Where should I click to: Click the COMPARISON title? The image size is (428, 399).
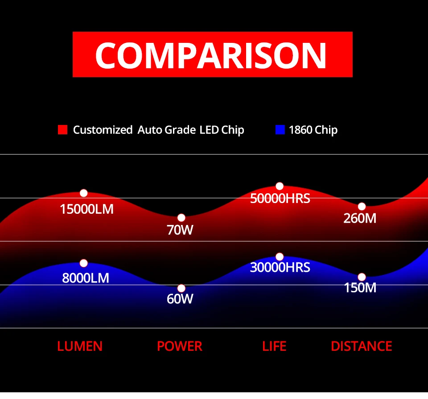click(210, 55)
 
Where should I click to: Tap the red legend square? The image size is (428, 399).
click(62, 129)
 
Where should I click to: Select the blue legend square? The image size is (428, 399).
click(280, 129)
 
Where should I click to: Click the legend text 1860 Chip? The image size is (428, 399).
click(313, 130)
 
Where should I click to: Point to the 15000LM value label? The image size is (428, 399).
click(86, 209)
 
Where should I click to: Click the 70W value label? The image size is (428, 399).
click(180, 230)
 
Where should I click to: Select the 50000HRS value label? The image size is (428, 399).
click(280, 199)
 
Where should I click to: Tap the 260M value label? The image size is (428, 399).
click(360, 218)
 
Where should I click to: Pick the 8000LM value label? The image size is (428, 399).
click(86, 278)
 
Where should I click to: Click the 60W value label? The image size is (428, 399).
click(180, 299)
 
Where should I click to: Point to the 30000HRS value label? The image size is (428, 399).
click(280, 267)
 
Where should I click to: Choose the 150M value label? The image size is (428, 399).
click(360, 288)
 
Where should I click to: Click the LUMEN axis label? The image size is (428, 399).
click(80, 346)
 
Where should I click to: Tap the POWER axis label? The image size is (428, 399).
click(180, 346)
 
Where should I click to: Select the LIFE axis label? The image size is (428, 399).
click(274, 346)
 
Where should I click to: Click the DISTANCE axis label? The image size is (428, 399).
click(362, 346)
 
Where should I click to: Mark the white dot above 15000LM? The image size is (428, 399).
click(83, 193)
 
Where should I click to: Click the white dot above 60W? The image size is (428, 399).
click(181, 288)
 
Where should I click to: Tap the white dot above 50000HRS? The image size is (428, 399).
click(280, 186)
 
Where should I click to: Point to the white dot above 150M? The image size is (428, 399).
click(362, 277)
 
